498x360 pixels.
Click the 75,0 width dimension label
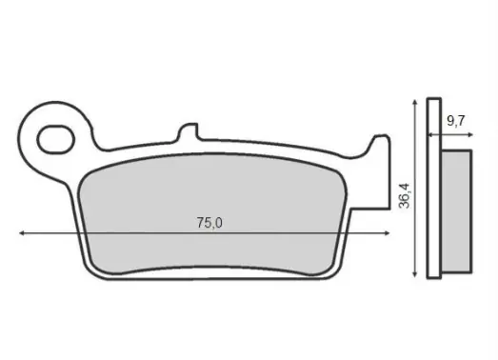[209, 223]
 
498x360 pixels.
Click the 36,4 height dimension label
[405, 196]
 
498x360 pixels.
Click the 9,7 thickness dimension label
[456, 121]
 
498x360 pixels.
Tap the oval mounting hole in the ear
[56, 140]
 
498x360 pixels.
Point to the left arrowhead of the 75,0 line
[22, 233]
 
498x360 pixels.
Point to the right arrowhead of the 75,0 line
[387, 233]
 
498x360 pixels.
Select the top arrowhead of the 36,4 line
[414, 102]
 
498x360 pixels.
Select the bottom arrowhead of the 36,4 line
[414, 274]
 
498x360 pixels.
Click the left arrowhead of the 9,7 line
[430, 134]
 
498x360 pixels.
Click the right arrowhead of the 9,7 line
[470, 134]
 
